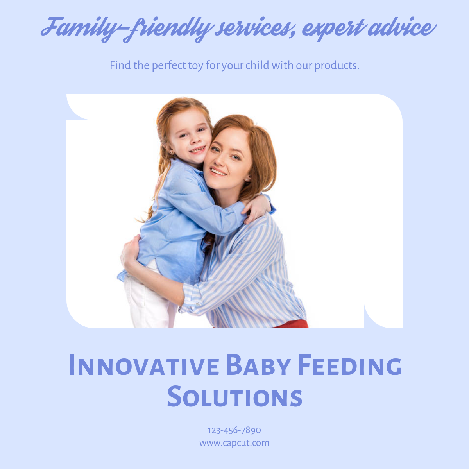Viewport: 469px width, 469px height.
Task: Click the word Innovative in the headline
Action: [144, 365]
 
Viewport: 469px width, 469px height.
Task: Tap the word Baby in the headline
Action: [258, 365]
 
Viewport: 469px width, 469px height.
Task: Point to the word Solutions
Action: [234, 396]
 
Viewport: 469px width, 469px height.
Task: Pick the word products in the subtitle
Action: [337, 66]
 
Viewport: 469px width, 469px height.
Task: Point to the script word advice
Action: [402, 27]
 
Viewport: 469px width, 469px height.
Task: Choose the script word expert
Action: [333, 29]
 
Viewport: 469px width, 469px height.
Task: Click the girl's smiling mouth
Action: [198, 149]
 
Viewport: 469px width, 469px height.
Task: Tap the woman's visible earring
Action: [246, 179]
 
